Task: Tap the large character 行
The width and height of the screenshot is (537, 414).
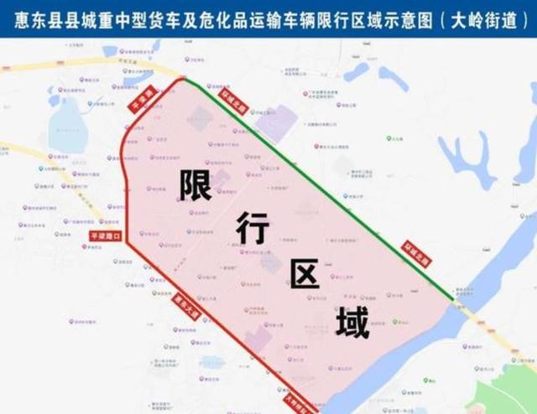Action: (x=252, y=228)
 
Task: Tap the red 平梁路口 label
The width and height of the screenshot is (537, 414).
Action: (x=106, y=237)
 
